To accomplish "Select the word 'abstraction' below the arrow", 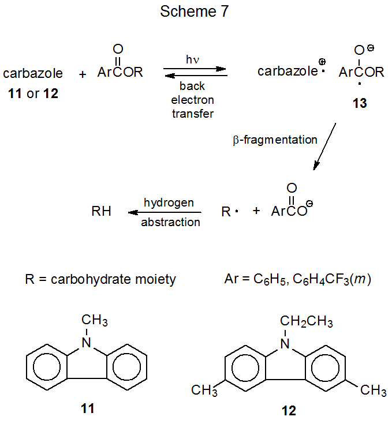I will (x=170, y=222).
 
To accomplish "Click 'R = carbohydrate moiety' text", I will (x=100, y=280).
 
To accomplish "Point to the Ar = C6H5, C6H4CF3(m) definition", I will (x=296, y=280).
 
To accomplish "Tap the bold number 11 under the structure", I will (x=88, y=409).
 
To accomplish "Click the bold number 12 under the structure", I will (x=288, y=411).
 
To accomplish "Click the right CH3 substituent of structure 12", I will (x=373, y=391).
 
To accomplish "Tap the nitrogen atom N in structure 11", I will (x=86, y=343).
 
